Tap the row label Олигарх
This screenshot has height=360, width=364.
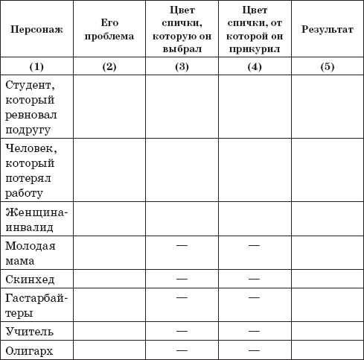[x=30, y=349]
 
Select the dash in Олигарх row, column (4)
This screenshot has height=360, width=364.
[x=254, y=349]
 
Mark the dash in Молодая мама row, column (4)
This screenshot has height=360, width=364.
[x=254, y=244]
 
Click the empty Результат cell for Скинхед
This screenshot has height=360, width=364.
[x=327, y=279]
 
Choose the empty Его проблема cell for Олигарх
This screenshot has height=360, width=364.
[x=109, y=349]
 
